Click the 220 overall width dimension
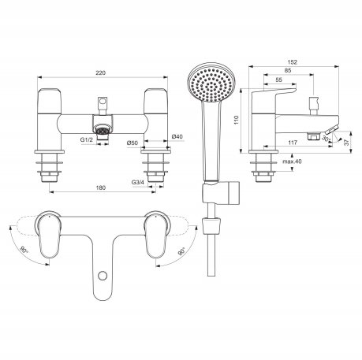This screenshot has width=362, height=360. tap(101, 72)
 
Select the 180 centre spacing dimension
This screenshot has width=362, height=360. tap(101, 187)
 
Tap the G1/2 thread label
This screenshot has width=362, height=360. tap(87, 140)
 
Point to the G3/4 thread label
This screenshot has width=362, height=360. tap(138, 182)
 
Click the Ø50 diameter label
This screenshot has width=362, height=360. tap(132, 143)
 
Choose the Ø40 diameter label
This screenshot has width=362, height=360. tap(177, 136)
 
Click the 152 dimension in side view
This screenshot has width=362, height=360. tap(293, 62)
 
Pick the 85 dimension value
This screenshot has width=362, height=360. tap(288, 70)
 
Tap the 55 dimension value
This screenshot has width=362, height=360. tap(279, 80)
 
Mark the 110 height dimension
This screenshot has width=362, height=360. tap(237, 120)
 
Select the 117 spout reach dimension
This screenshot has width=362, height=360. tap(293, 143)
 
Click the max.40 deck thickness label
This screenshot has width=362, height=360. tap(292, 161)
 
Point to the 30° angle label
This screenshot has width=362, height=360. tap(327, 139)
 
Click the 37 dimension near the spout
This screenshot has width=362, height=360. tap(346, 142)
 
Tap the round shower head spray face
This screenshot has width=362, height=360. tap(211, 82)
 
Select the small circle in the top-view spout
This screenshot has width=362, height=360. tap(102, 276)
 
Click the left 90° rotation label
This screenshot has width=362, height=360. tap(24, 250)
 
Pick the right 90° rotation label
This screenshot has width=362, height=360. tap(181, 251)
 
